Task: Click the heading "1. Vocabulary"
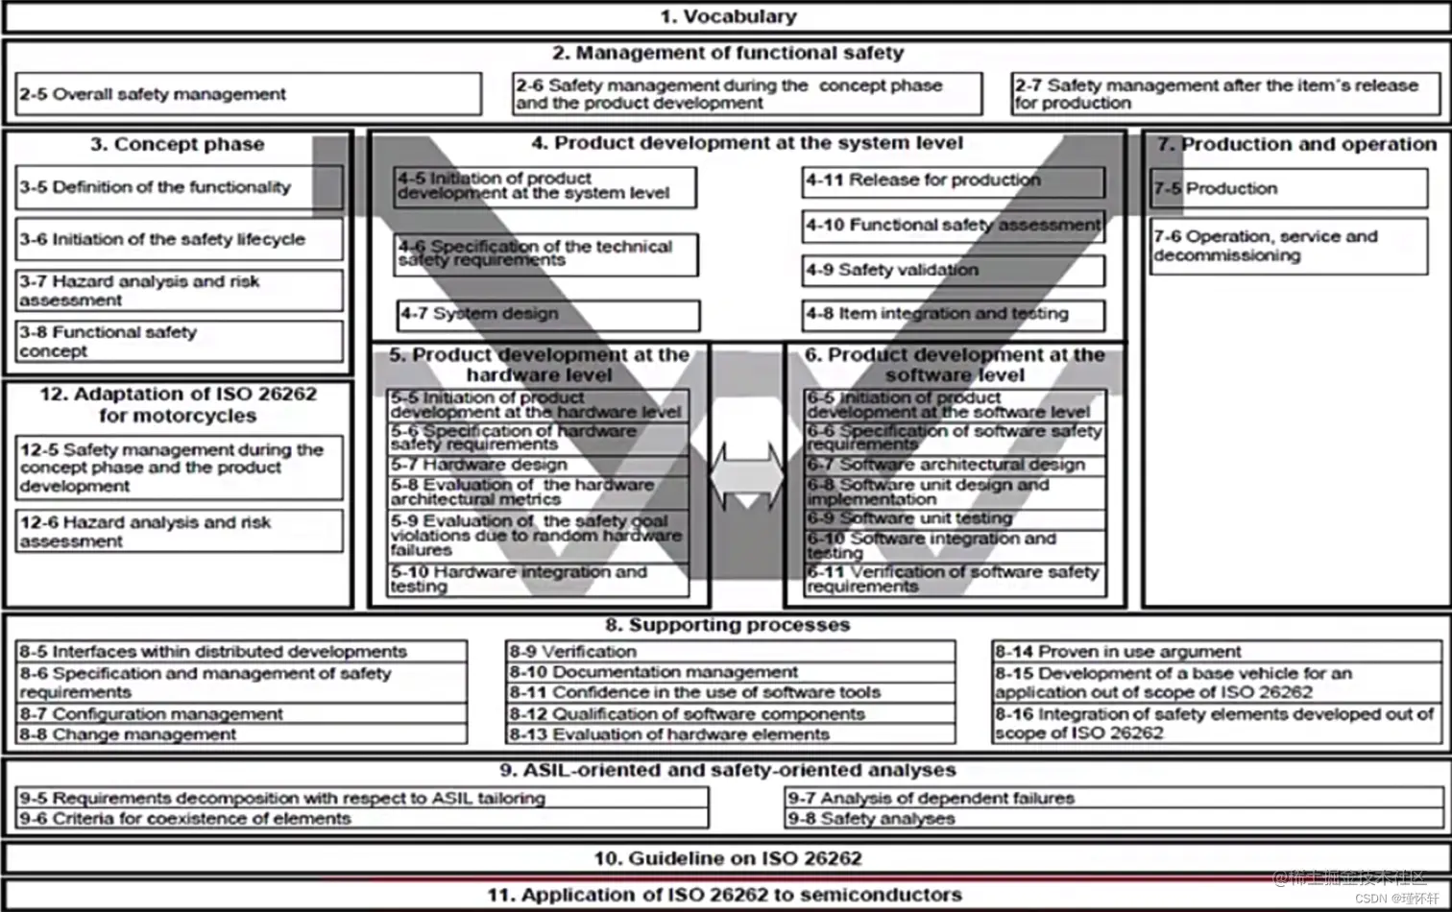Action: point(727,16)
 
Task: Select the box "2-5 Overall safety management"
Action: point(248,94)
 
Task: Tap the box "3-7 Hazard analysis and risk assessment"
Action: point(179,290)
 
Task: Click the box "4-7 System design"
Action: point(547,314)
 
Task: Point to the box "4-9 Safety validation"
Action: point(953,270)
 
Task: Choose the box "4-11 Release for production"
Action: point(953,180)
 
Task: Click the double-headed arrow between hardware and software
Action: point(747,475)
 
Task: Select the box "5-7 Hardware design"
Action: point(538,465)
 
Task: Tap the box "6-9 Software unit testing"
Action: point(955,518)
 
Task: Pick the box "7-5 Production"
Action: point(1288,188)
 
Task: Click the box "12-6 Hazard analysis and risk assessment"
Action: point(179,531)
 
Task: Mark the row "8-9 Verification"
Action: point(730,652)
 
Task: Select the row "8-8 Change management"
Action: point(241,734)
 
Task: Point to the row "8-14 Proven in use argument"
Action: point(1216,652)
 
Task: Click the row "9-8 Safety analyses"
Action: point(1114,819)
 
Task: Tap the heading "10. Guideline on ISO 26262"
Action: point(727,858)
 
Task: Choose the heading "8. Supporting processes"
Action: point(727,625)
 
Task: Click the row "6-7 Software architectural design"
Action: point(955,465)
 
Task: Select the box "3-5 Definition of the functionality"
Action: point(179,187)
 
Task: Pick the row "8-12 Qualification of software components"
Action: point(730,714)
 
